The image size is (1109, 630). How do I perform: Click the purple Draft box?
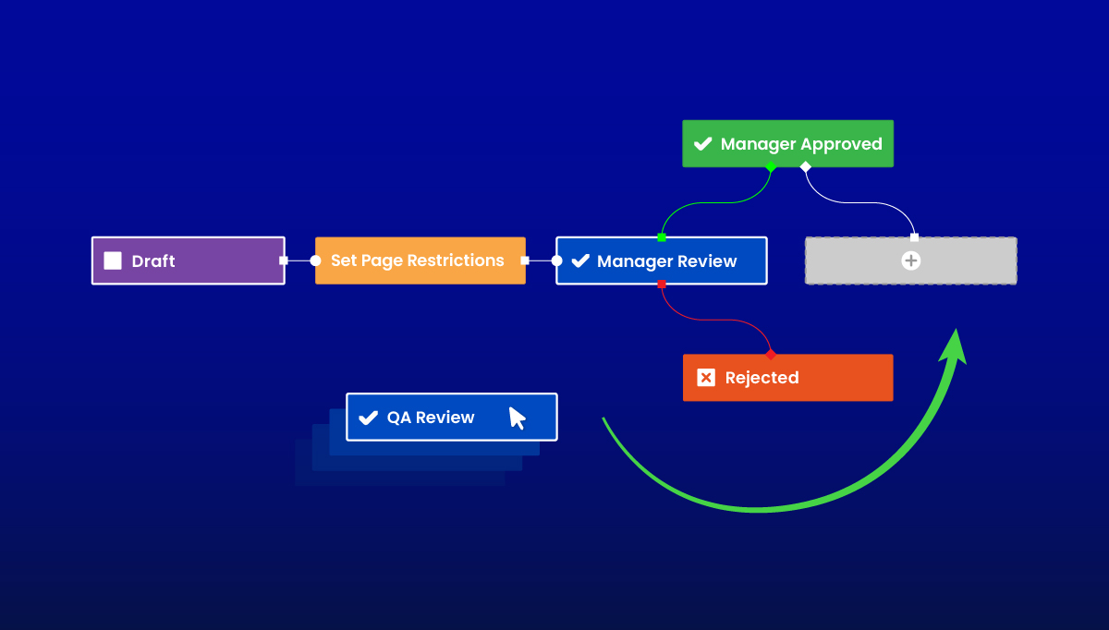click(188, 260)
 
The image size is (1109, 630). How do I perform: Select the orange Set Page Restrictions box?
click(420, 260)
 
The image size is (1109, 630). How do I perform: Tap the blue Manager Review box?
click(661, 260)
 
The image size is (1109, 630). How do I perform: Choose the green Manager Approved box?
click(787, 144)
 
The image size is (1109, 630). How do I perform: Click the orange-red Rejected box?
click(787, 378)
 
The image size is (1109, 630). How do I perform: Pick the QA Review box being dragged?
click(451, 418)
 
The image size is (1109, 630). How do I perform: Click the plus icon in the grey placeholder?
click(910, 260)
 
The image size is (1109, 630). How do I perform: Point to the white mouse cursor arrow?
click(517, 418)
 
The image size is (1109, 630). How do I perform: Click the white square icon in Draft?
click(113, 260)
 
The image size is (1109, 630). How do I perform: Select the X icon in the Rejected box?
click(706, 378)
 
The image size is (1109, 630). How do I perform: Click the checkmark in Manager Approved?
click(703, 144)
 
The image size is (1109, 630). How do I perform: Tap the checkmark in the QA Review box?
click(368, 418)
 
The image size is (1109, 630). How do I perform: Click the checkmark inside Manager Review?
click(580, 261)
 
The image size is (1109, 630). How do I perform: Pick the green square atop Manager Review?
click(661, 237)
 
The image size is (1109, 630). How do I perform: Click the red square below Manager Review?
click(661, 285)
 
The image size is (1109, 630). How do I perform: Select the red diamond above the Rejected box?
click(771, 355)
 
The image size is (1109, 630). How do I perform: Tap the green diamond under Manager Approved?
click(771, 167)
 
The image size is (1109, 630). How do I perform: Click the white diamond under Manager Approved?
click(805, 167)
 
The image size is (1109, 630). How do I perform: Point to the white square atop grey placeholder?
click(914, 237)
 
